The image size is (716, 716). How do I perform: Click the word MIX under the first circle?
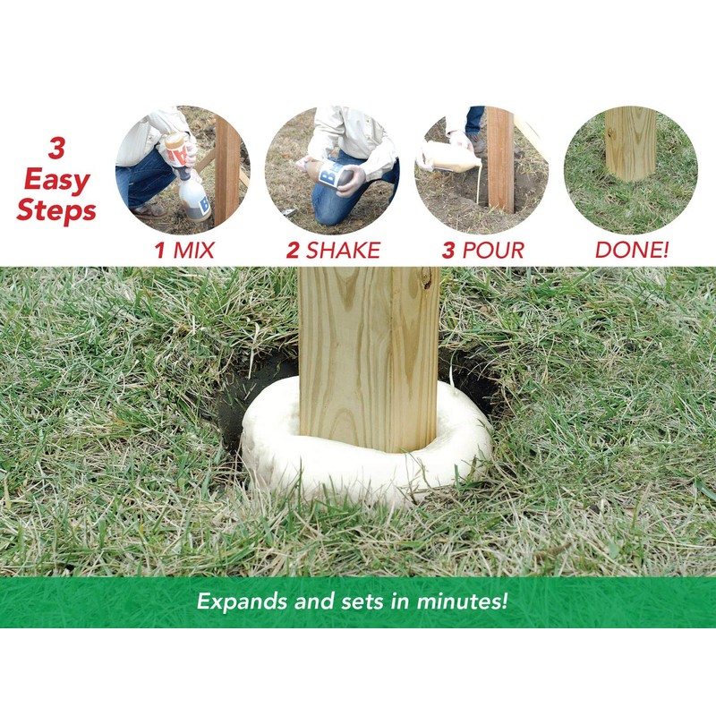(x=194, y=250)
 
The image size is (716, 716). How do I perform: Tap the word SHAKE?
(x=343, y=250)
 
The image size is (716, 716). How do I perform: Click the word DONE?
(x=632, y=250)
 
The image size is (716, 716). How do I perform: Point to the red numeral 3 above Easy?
(x=56, y=149)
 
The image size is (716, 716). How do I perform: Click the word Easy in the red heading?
(x=56, y=180)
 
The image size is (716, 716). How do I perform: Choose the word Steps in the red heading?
(x=56, y=212)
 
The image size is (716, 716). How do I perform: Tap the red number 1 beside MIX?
(x=160, y=250)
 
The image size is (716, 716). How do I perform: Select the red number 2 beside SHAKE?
(x=293, y=250)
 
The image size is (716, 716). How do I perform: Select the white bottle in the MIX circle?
(x=194, y=198)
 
